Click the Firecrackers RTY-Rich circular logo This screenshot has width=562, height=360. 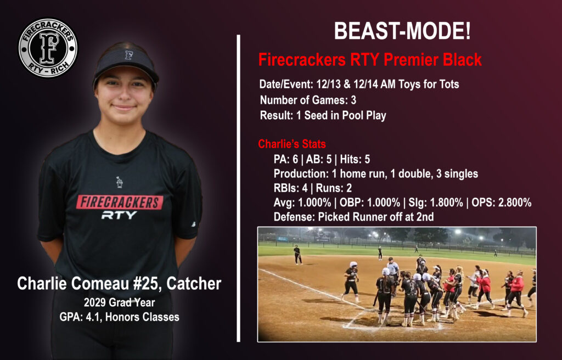(x=48, y=48)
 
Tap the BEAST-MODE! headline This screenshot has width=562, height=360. (x=402, y=31)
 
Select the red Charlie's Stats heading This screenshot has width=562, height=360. (x=292, y=144)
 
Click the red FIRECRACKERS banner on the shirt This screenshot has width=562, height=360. (x=120, y=202)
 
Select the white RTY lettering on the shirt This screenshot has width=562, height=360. (x=119, y=215)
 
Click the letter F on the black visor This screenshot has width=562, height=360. (x=128, y=55)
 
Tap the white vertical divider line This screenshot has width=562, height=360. (x=239, y=187)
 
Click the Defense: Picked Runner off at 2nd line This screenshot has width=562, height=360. (x=353, y=217)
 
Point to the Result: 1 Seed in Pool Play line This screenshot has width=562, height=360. (x=323, y=115)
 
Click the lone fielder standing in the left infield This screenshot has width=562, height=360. (x=297, y=255)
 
